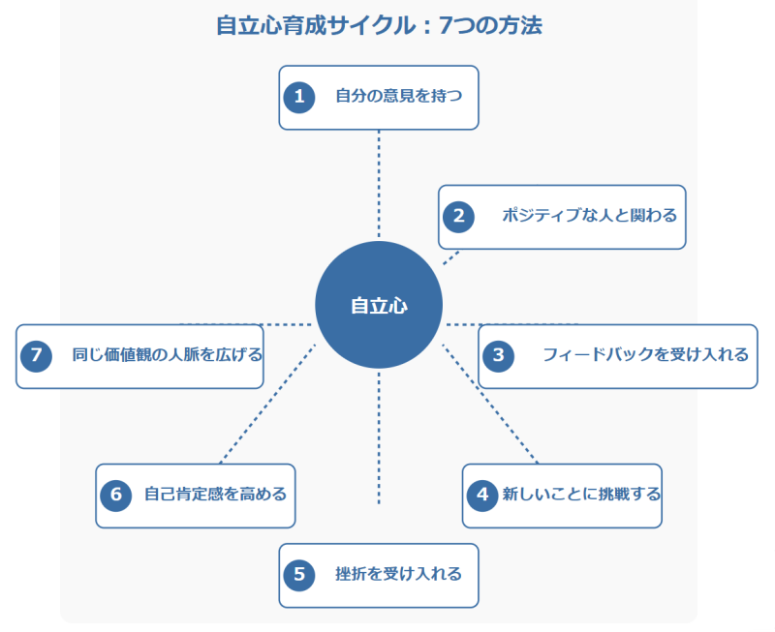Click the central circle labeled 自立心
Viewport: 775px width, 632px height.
379,306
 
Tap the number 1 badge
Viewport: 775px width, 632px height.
299,97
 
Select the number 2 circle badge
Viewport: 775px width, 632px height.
459,217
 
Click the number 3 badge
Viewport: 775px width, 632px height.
499,355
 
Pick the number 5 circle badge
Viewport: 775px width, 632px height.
299,575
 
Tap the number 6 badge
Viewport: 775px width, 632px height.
115,496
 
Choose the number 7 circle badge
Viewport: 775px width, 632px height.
36,355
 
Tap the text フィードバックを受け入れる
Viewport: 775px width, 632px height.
645,355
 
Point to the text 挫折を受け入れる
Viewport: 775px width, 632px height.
398,575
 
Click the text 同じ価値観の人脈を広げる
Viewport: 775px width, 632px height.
167,355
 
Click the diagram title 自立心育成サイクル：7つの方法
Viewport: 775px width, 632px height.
379,26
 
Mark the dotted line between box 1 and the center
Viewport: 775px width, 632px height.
379,184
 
